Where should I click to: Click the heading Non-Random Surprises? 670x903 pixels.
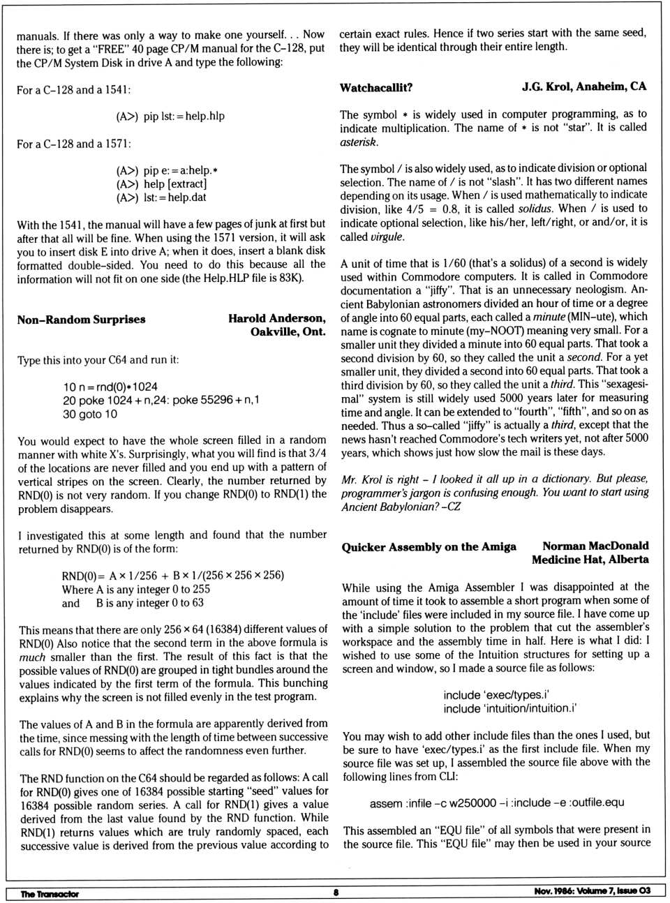coord(81,320)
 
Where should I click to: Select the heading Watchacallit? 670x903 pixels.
coord(375,87)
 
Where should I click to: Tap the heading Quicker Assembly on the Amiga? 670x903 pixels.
coord(429,547)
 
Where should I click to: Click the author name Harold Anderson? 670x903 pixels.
coord(276,318)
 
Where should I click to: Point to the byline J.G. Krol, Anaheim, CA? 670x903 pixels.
coord(583,87)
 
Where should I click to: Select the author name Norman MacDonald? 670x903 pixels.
coord(595,546)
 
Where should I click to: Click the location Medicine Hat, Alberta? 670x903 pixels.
coord(590,560)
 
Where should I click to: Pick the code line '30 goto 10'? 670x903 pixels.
coord(90,414)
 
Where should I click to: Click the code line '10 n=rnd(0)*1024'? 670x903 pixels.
coord(110,387)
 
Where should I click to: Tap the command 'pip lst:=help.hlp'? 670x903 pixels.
coord(184,116)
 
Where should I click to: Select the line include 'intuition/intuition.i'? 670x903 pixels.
coord(509,708)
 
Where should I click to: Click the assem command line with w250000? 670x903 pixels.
coord(496,803)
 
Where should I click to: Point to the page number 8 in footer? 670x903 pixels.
coord(336,892)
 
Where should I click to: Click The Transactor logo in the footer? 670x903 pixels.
coord(50,893)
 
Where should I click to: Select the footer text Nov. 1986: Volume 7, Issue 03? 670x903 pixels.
coord(592,890)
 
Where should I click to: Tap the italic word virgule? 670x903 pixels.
coord(387,237)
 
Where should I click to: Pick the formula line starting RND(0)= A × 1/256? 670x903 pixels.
coord(172,575)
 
